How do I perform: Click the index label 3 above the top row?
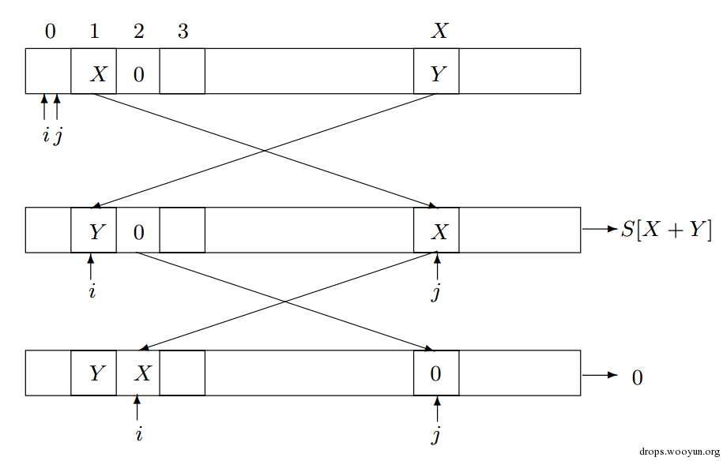183,32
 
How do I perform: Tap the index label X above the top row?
439,32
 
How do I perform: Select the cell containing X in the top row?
94,73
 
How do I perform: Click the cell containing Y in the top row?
436,73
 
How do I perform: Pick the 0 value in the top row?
138,74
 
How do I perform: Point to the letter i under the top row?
45,136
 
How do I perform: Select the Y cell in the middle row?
94,231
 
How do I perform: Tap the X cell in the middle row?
436,231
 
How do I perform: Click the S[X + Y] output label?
666,230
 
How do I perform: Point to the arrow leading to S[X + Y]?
598,230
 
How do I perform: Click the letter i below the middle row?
92,291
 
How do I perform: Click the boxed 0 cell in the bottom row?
436,373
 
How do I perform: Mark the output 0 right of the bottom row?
637,377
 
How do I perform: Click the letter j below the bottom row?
436,433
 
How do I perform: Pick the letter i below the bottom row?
137,433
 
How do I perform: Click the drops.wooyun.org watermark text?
677,452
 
